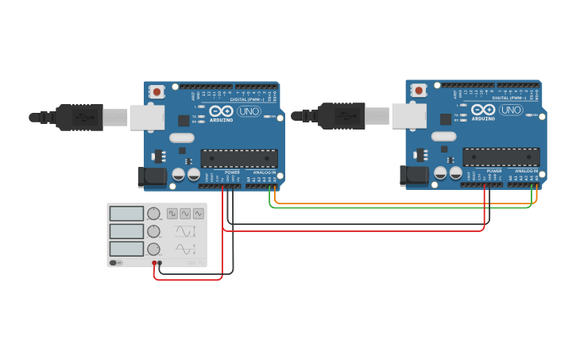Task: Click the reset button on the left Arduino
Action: point(157,91)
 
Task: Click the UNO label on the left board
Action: point(249,111)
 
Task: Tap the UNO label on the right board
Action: point(511,110)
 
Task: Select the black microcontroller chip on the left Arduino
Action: point(239,158)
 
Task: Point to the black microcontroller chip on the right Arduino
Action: point(501,157)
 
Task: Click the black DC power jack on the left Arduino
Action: point(152,177)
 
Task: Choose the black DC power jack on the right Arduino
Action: point(414,176)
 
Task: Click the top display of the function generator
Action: point(126,214)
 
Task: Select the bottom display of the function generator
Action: point(126,249)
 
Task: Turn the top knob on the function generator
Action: point(153,214)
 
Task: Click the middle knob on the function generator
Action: point(153,231)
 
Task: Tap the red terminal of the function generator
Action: point(154,263)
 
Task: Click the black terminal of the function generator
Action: point(160,263)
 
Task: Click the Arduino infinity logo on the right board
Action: point(483,110)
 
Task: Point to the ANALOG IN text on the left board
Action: point(264,172)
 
